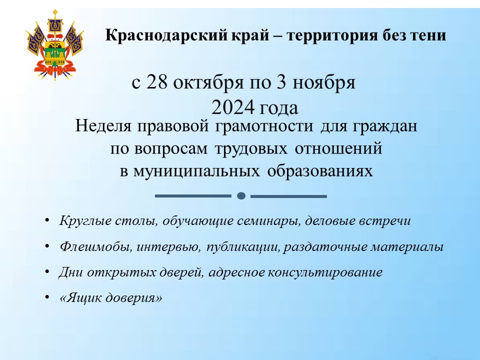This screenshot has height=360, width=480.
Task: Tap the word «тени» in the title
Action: click(429, 36)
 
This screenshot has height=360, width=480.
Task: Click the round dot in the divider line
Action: click(241, 196)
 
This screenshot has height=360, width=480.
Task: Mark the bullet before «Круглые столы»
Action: click(46, 220)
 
